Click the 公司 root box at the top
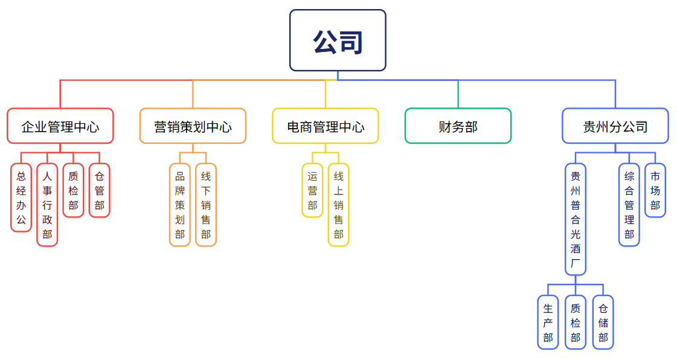click(338, 40)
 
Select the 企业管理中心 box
click(60, 126)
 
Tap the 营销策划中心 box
click(193, 126)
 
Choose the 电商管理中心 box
click(326, 126)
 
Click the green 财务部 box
click(458, 126)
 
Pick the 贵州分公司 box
click(615, 126)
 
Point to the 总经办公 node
click(21, 198)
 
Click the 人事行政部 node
click(47, 205)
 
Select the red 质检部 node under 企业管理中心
click(73, 190)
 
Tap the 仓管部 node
click(99, 190)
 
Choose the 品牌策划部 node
click(180, 205)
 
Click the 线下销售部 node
click(206, 205)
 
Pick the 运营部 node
click(312, 190)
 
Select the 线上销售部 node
click(338, 205)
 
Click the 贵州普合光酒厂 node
click(576, 219)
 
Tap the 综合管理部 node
click(629, 205)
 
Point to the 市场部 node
click(655, 190)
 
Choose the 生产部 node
click(548, 322)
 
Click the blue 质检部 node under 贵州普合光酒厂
click(576, 322)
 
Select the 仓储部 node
click(603, 322)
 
